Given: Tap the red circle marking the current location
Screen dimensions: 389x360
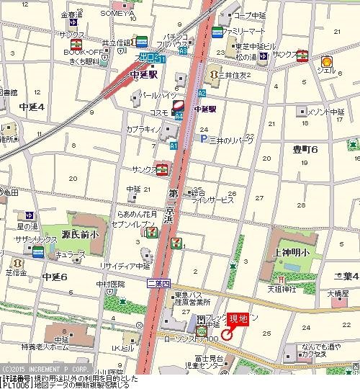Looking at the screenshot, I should (226, 334).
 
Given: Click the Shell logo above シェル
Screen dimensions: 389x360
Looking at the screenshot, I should (326, 63).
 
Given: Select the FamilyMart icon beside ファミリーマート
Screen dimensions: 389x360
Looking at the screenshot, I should (218, 32).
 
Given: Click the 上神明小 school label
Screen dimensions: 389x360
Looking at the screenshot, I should (291, 252).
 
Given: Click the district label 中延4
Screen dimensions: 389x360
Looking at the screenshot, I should (32, 107).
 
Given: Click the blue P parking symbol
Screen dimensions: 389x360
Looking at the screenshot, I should (204, 138).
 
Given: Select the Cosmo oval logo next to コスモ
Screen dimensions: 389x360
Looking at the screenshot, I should (178, 105).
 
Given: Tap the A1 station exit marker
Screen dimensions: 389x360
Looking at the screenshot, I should (174, 146).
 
